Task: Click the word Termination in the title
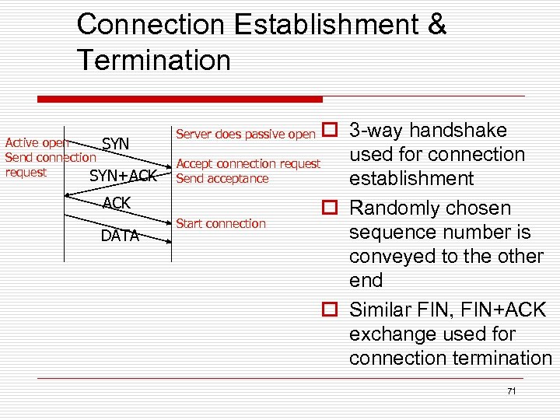154,60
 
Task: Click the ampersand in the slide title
436,24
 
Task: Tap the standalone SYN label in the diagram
116,144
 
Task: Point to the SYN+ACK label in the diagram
123,176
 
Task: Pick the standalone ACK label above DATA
117,204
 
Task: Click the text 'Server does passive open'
246,134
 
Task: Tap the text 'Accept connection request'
248,163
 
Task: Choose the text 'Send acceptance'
222,178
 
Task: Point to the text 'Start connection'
221,223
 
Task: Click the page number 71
511,391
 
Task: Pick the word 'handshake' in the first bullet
458,131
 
